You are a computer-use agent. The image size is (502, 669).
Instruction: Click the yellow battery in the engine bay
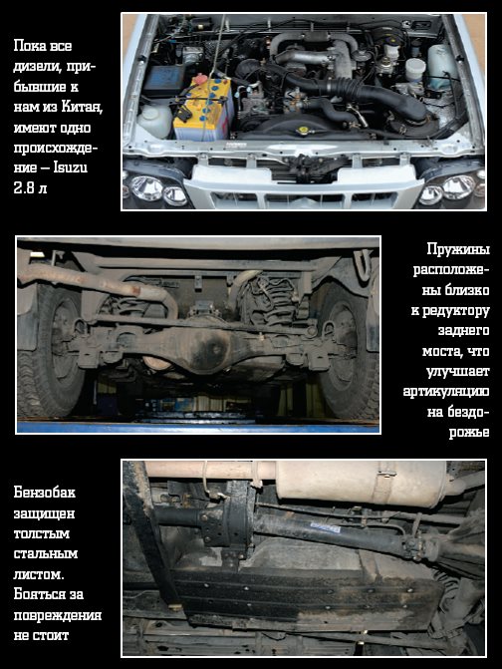point(203,110)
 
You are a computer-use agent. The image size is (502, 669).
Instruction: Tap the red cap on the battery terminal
point(199,79)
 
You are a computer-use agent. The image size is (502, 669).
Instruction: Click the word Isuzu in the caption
point(71,167)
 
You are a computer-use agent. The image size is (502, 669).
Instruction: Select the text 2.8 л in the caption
point(30,187)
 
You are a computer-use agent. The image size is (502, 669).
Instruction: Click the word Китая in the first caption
point(82,107)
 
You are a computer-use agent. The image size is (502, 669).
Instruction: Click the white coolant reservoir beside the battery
point(153,120)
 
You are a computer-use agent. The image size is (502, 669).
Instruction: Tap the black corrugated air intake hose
point(358,92)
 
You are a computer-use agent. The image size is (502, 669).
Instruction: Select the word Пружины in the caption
point(458,249)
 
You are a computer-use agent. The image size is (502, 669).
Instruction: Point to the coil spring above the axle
point(269,302)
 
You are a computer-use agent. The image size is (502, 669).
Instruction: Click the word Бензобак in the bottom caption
point(44,493)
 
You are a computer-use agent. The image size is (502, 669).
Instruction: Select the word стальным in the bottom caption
point(45,553)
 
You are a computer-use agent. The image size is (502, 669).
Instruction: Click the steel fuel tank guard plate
point(307,597)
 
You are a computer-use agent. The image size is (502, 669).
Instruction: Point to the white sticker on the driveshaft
point(325,526)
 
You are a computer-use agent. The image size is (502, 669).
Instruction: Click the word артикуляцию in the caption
point(446,392)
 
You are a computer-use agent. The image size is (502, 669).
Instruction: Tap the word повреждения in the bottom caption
point(58,616)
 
